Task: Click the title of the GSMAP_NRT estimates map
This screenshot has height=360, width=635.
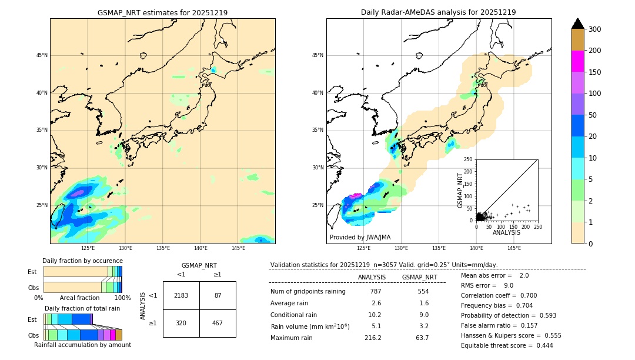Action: pos(162,12)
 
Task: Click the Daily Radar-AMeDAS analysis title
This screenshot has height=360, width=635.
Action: pos(438,12)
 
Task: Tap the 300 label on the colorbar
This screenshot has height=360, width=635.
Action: pos(594,29)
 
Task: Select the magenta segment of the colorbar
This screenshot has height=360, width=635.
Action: pos(577,61)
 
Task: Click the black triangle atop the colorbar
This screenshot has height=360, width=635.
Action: pos(577,24)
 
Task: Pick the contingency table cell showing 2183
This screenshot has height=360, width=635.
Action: pos(181,295)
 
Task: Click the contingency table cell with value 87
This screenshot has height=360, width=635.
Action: pos(218,295)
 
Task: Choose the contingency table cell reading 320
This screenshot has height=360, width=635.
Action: pos(181,323)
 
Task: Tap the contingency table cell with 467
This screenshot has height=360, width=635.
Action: pos(218,323)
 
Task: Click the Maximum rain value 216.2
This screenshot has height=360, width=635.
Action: pos(373,338)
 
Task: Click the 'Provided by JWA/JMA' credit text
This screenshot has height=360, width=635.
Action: pos(360,238)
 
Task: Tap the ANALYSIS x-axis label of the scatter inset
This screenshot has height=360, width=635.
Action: pos(506,233)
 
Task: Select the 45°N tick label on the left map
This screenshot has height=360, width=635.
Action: pos(42,55)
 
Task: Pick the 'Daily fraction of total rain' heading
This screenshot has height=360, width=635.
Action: pos(82,308)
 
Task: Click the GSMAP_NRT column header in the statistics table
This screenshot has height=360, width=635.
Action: pos(419,277)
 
